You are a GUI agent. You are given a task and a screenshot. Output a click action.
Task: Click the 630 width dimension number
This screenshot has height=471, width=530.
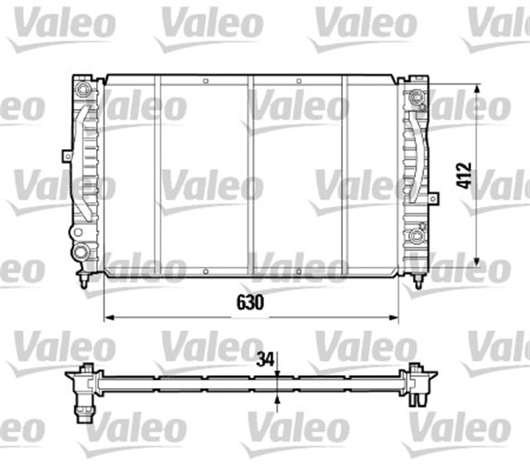(x=251, y=303)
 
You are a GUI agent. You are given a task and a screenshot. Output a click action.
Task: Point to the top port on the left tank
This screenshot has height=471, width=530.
(x=82, y=89)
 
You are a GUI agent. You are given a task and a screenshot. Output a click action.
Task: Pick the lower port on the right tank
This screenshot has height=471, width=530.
(x=418, y=238)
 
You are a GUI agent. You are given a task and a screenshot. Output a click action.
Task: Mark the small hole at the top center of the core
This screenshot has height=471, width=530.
(x=250, y=79)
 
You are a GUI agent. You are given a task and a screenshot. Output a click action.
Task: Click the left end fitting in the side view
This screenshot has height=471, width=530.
(x=84, y=385)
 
